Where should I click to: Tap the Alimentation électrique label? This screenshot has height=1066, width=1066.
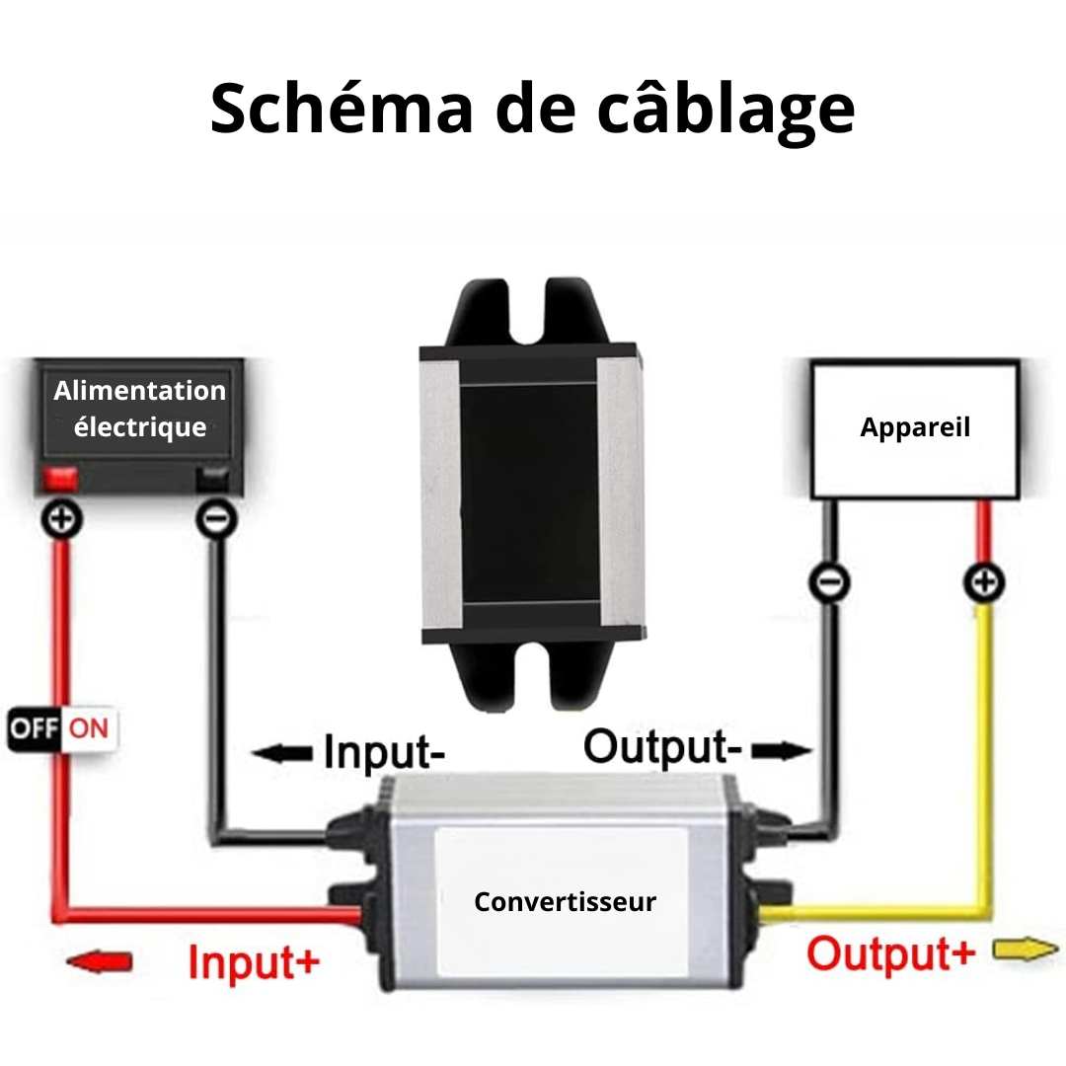tap(139, 409)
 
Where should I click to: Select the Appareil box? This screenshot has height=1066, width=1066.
tap(915, 429)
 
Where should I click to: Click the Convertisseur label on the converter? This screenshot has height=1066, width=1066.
tap(565, 901)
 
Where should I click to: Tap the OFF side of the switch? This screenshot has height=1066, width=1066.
tap(34, 728)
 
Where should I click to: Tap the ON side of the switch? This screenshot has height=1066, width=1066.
tap(89, 728)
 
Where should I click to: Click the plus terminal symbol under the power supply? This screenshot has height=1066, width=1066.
tap(62, 520)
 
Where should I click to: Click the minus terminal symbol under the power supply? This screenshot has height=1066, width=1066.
tap(217, 520)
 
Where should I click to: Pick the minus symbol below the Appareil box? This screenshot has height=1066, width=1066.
tap(829, 582)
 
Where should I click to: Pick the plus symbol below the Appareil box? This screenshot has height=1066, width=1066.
tap(984, 582)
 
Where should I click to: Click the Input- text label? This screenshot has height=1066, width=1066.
tap(384, 752)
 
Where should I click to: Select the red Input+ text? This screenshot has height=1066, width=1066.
tap(254, 962)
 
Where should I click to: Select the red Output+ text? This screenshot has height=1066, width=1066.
tap(890, 953)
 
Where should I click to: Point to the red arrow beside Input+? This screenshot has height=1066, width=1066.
tap(100, 961)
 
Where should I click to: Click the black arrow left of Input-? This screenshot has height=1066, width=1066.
tap(282, 752)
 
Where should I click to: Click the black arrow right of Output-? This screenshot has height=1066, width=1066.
tap(782, 750)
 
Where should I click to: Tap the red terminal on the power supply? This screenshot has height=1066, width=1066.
tap(60, 478)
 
